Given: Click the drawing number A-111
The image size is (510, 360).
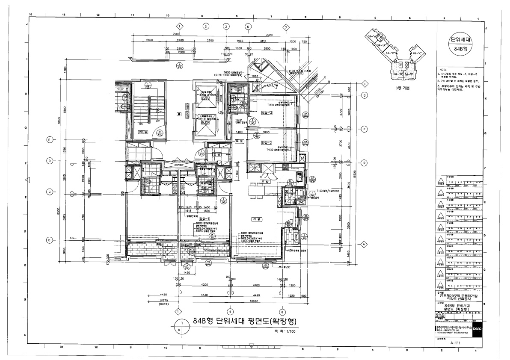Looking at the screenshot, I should tap(454, 342).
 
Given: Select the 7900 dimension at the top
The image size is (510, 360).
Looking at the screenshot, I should tap(175, 34).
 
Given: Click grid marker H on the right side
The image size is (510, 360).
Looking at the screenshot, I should tap(365, 84).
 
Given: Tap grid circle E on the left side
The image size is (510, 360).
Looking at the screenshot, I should tap(50, 139).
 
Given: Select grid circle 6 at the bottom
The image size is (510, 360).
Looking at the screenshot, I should tap(282, 311).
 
